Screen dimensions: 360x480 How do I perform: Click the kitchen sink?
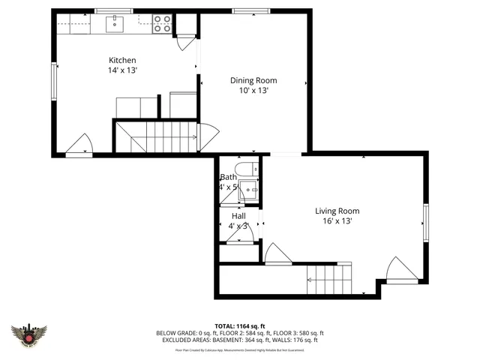[115, 25]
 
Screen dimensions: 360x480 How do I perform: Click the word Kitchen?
[122, 60]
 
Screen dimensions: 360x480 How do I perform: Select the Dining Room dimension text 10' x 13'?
[253, 90]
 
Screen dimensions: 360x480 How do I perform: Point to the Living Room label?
[337, 211]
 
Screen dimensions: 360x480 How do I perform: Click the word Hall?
[238, 216]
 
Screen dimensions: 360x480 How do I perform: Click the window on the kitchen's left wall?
[53, 81]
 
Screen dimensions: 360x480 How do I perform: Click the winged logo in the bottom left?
[30, 334]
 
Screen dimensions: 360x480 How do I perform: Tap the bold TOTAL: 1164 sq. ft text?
[239, 325]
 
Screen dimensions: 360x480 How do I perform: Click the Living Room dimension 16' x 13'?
[337, 221]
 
